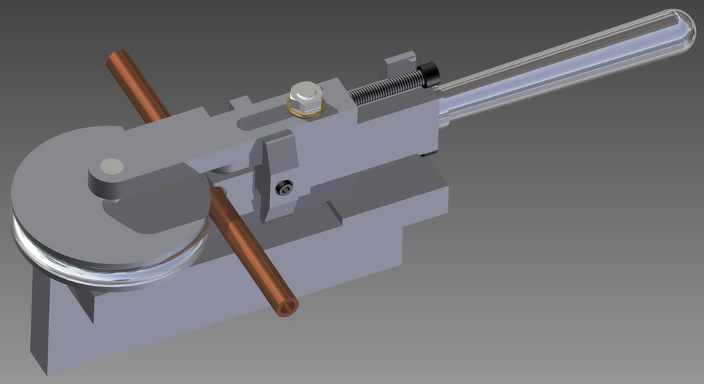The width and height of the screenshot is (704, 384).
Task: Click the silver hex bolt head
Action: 306,95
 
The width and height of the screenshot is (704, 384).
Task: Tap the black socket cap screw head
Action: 428,74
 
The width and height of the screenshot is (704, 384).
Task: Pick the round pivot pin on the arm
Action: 112,166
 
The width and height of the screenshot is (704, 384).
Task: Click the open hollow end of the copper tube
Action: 287,306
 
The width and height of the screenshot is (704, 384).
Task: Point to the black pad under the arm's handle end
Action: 430,153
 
